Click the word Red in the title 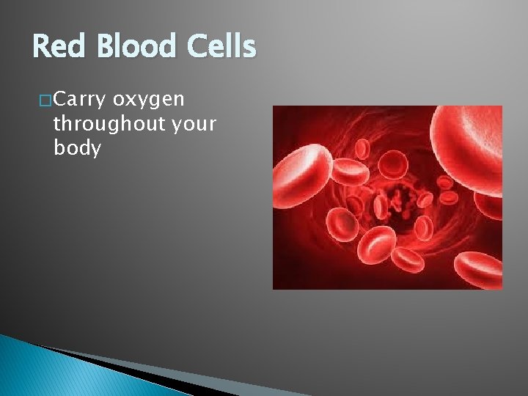[59, 48]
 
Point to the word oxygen [153, 99]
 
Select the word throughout [108, 123]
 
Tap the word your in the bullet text [194, 125]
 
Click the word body [77, 148]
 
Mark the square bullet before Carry [45, 99]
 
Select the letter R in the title [42, 48]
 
